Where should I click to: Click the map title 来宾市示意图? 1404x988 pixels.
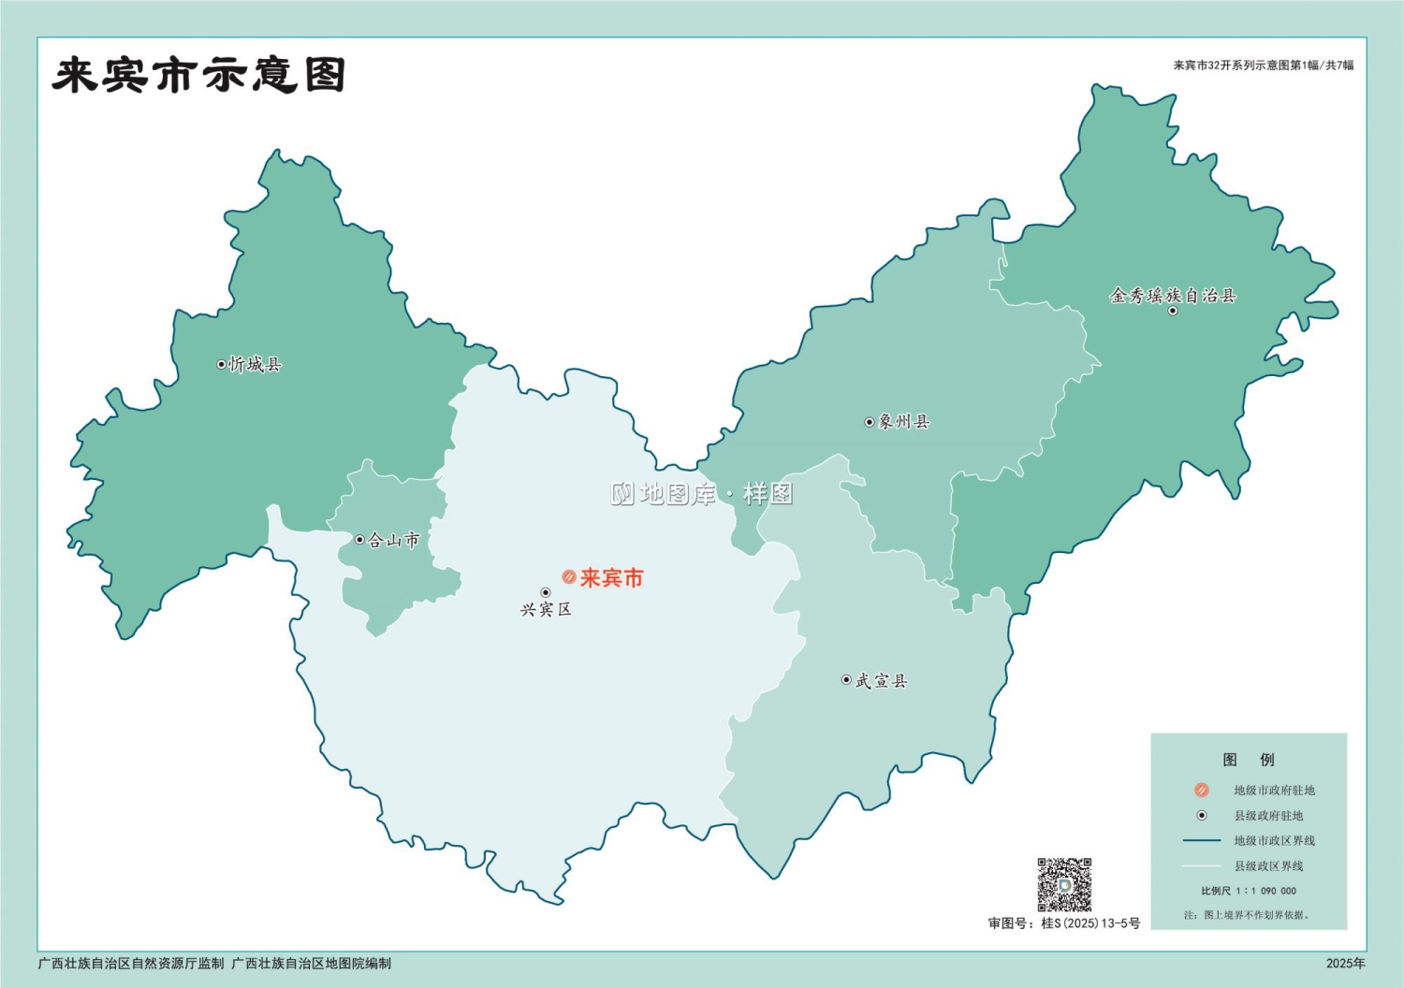pyautogui.click(x=198, y=76)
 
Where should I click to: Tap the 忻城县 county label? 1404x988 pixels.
pyautogui.click(x=256, y=365)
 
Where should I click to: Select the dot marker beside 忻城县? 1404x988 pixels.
pyautogui.click(x=222, y=365)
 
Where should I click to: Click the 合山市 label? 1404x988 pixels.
pyautogui.click(x=394, y=540)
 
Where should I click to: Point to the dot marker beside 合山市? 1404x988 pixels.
pyautogui.click(x=359, y=540)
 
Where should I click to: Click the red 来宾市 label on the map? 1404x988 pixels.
pyautogui.click(x=612, y=578)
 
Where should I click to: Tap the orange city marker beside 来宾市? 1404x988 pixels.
pyautogui.click(x=568, y=577)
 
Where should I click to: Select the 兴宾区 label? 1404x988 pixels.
pyautogui.click(x=546, y=610)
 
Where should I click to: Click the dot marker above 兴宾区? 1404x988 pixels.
pyautogui.click(x=546, y=592)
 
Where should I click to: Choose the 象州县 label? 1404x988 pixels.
pyautogui.click(x=904, y=422)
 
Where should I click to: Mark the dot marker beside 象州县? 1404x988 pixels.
pyautogui.click(x=869, y=422)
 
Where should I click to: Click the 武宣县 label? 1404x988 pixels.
pyautogui.click(x=882, y=681)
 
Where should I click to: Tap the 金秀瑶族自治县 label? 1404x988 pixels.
pyautogui.click(x=1173, y=296)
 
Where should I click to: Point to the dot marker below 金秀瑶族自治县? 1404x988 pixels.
pyautogui.click(x=1173, y=311)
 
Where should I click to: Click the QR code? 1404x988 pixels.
pyautogui.click(x=1064, y=884)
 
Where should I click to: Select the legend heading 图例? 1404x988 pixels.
pyautogui.click(x=1249, y=760)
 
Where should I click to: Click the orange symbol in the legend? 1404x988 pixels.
pyautogui.click(x=1202, y=791)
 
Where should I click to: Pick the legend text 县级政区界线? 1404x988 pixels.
pyautogui.click(x=1268, y=866)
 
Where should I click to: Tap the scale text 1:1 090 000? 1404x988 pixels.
pyautogui.click(x=1265, y=891)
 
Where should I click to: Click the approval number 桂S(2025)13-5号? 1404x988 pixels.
pyautogui.click(x=1090, y=923)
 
